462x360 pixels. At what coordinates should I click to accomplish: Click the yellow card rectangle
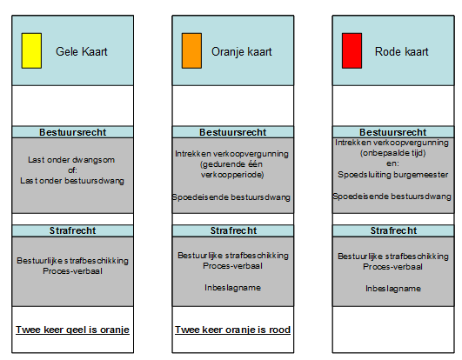point(31,50)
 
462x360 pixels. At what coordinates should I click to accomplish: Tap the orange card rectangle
point(191,50)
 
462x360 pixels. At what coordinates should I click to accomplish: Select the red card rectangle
point(352,50)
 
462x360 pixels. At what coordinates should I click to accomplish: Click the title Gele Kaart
point(82,52)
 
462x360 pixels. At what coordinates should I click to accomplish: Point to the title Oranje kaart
point(242,52)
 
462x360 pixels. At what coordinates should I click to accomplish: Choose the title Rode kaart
point(402,52)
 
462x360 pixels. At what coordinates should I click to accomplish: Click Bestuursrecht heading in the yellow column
point(73,132)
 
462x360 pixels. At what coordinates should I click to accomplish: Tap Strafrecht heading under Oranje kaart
point(233,230)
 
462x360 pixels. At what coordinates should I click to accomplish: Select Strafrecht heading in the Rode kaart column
point(393,230)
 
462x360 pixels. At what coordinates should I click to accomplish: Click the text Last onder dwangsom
point(71,160)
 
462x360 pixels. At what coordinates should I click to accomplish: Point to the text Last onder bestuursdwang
point(72,181)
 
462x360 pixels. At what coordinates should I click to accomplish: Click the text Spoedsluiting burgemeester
point(393,175)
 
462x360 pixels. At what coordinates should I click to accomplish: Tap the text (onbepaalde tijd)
point(392,153)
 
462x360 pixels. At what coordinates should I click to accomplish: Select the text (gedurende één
point(231,164)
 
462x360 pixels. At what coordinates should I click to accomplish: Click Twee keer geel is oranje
point(72,330)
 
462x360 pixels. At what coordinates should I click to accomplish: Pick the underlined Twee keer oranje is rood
point(233,330)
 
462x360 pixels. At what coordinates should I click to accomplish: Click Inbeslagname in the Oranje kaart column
point(233,288)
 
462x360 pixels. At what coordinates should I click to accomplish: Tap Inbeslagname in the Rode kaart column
point(393,289)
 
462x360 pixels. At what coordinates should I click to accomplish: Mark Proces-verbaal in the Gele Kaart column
point(72,271)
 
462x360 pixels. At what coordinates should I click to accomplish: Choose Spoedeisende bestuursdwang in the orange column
point(231,197)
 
